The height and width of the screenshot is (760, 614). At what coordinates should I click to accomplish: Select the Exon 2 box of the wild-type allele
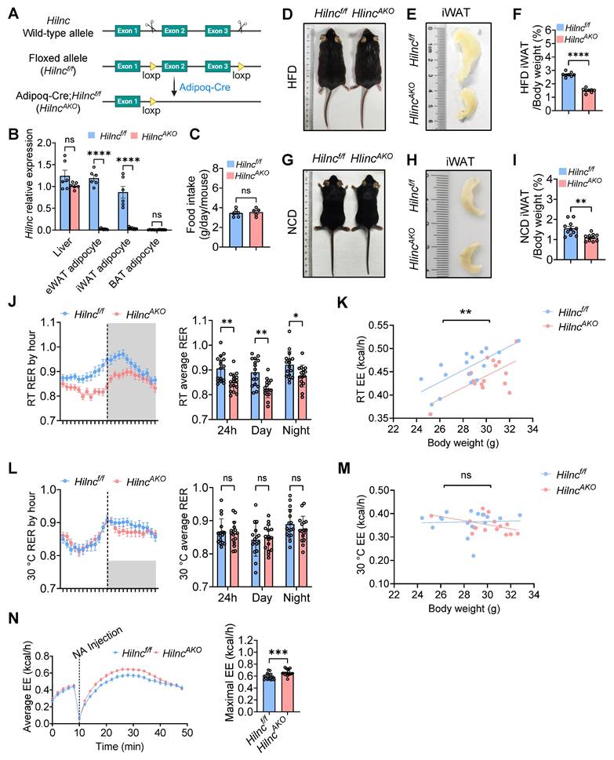click(180, 30)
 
